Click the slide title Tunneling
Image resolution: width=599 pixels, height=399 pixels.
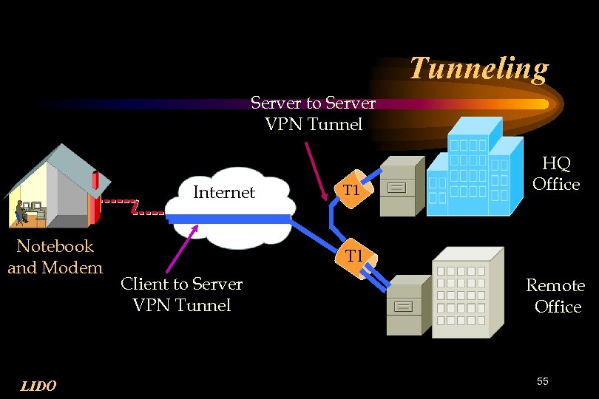point(478,68)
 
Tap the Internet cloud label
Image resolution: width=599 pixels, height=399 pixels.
point(223,192)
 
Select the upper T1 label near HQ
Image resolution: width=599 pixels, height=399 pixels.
point(351,190)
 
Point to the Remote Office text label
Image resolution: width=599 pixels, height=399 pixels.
point(555,296)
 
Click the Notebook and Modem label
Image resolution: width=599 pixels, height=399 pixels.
point(55,256)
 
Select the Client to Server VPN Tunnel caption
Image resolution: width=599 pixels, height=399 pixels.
point(181,294)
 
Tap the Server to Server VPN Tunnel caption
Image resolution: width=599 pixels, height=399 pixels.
point(313,114)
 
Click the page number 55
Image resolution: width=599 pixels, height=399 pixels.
point(543,381)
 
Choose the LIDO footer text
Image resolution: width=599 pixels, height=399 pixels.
point(38,385)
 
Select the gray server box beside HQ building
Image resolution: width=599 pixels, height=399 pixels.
point(401,185)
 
